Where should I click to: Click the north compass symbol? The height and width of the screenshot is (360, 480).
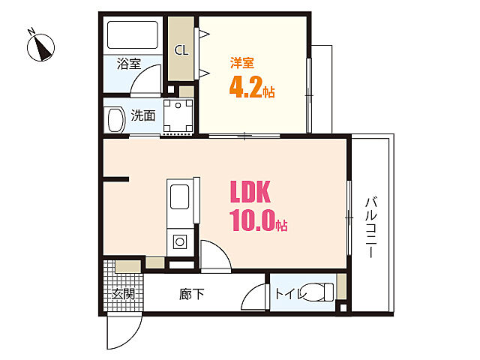coord(40,46)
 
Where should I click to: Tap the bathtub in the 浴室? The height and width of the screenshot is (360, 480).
coord(133,35)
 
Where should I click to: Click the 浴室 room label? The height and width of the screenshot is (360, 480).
coord(129,63)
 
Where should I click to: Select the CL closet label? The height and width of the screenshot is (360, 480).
coord(181,50)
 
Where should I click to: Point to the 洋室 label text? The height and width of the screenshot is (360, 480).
coord(242,63)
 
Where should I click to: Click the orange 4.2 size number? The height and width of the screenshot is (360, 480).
coord(246,87)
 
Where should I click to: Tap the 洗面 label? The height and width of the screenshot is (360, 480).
coord(143,115)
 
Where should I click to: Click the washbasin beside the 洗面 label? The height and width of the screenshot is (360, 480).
coord(115,120)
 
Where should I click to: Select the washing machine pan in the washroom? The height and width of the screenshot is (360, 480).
coord(178,116)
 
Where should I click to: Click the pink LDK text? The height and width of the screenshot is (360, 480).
coord(250,192)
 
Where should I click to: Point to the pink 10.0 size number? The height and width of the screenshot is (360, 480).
coord(252,220)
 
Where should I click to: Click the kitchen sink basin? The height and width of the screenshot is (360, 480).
coord(180,196)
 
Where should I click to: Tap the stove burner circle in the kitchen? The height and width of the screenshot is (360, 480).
coord(180,242)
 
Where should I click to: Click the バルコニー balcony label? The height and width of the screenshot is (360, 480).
coord(371,227)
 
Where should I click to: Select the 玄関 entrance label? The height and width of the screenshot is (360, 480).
coord(123,294)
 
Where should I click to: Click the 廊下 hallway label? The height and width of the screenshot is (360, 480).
coord(192,294)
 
